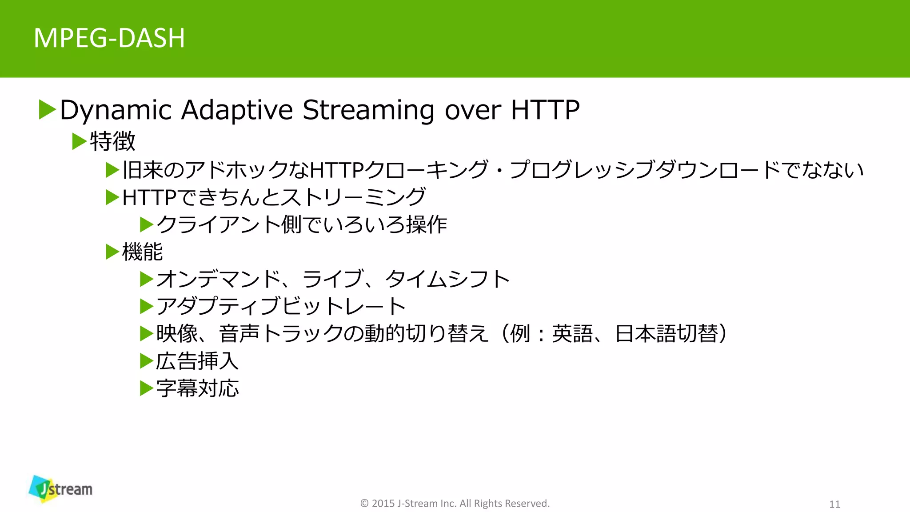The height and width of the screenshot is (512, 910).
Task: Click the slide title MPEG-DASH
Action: [x=109, y=38]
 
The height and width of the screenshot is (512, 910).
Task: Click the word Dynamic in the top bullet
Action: [x=116, y=110]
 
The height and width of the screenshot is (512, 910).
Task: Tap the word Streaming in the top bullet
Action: [x=368, y=110]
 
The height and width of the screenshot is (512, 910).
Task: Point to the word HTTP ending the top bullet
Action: [x=545, y=110]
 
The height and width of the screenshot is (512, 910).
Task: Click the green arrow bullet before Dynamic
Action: [x=47, y=109]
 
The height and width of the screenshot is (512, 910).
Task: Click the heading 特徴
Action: [x=112, y=141]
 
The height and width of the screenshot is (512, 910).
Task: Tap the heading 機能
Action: [x=142, y=252]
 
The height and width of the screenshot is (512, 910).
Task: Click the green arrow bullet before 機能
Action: [x=112, y=252]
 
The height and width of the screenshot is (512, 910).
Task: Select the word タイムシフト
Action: [x=447, y=279]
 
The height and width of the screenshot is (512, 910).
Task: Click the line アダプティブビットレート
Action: [x=281, y=306]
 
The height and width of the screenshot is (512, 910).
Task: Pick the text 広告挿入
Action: [x=197, y=361]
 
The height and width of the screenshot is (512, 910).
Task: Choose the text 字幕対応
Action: [x=197, y=388]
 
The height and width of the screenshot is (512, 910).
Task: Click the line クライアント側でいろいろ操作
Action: [x=301, y=224]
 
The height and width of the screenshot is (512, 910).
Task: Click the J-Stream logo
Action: [x=60, y=489]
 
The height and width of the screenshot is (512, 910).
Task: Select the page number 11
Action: [x=834, y=504]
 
